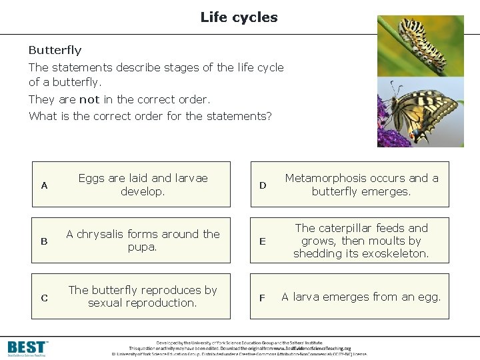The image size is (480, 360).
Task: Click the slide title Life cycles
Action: [239, 17]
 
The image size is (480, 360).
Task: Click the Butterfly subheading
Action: [55, 50]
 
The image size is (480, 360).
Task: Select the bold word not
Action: [89, 99]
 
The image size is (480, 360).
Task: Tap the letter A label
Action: [44, 185]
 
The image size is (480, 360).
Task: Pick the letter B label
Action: [44, 241]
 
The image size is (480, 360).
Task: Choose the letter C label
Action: [44, 298]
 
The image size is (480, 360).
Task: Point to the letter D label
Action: [263, 185]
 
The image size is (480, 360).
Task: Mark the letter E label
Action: [263, 241]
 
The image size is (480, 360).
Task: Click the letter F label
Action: [263, 297]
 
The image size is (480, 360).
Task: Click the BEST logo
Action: [28, 347]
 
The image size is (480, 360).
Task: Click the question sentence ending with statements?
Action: [150, 116]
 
